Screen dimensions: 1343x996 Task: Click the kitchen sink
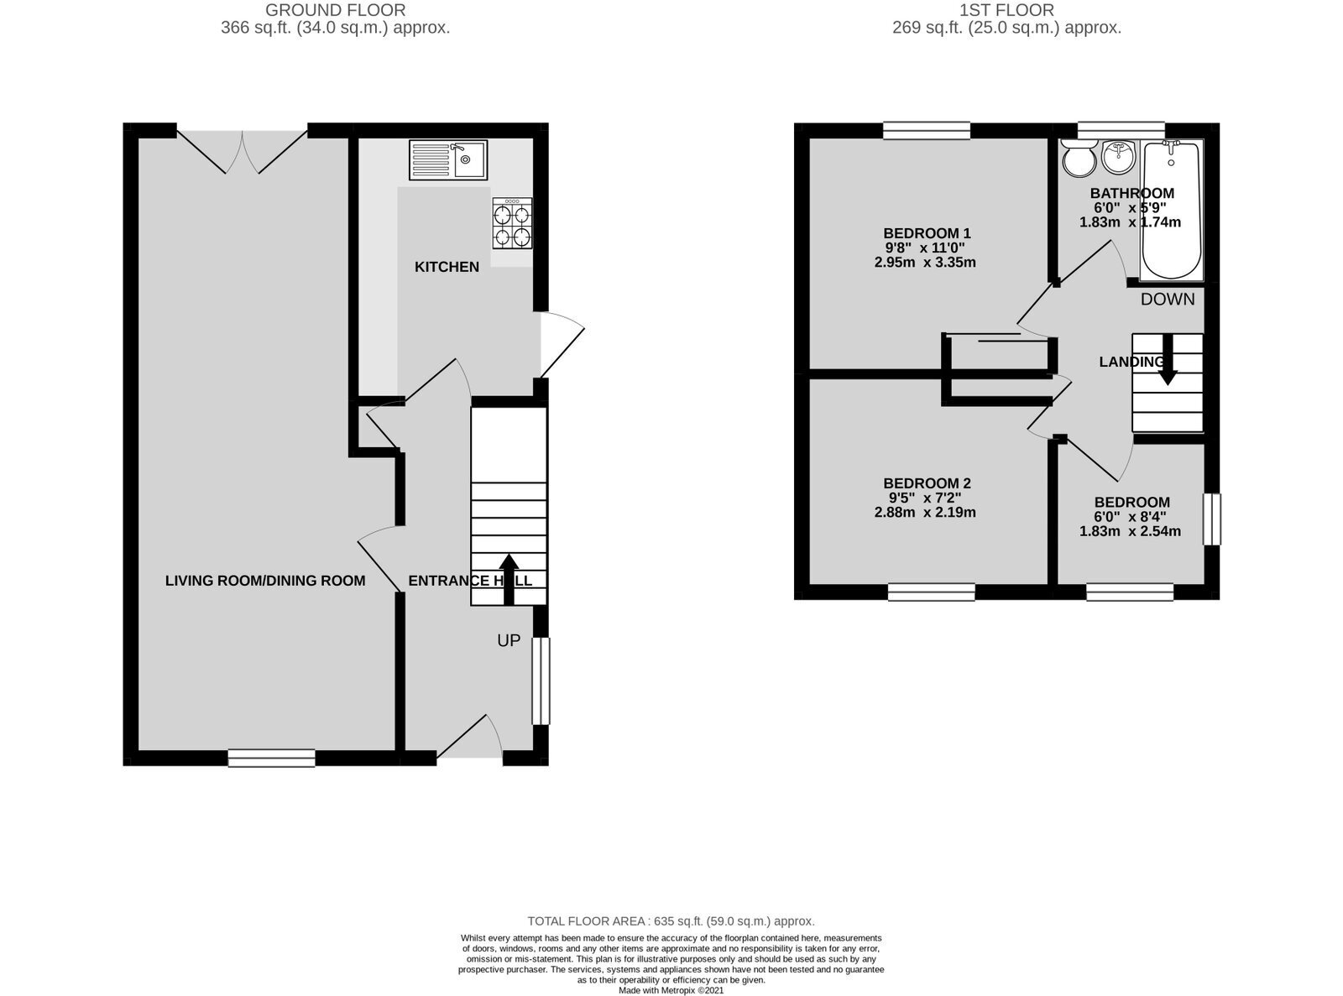click(447, 159)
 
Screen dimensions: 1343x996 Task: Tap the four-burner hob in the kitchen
click(512, 223)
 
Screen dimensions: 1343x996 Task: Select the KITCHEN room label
click(447, 267)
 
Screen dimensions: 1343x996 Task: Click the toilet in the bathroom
click(1079, 158)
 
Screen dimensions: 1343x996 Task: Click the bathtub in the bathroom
click(1171, 210)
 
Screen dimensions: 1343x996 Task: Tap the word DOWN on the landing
click(1168, 299)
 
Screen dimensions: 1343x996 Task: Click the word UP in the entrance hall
click(509, 640)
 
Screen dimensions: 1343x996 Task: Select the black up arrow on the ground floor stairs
click(509, 580)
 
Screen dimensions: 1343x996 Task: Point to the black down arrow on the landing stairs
click(1168, 359)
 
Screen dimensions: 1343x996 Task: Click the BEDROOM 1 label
click(927, 233)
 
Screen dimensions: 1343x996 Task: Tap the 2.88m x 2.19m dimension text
click(925, 512)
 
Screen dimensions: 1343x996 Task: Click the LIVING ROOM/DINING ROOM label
click(265, 581)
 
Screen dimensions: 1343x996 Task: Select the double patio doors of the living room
click(243, 152)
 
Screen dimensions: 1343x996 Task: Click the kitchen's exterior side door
click(562, 344)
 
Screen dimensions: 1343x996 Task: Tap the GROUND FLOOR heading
click(336, 10)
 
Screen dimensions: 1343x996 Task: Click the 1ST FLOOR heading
click(1006, 10)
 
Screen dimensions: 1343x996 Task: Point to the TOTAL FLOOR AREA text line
click(671, 921)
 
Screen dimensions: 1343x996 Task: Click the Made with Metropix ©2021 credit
click(671, 991)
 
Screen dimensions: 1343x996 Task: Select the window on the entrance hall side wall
click(541, 681)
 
